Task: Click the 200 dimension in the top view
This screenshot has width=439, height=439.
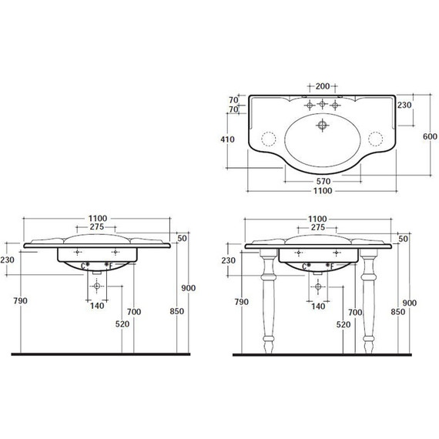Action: point(323,86)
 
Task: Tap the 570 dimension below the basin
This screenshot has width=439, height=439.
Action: point(323,182)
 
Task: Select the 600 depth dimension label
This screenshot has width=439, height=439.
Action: point(430,136)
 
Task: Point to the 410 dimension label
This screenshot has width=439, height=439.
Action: point(227,139)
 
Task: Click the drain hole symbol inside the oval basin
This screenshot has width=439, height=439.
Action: point(322,125)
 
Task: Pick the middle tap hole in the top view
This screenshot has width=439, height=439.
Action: point(322,104)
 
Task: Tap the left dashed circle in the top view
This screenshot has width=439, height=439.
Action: point(269,139)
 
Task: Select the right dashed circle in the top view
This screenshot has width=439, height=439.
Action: point(375,139)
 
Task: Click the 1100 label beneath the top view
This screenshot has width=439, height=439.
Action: point(323,191)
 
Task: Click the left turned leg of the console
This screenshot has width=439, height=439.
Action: point(268,301)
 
